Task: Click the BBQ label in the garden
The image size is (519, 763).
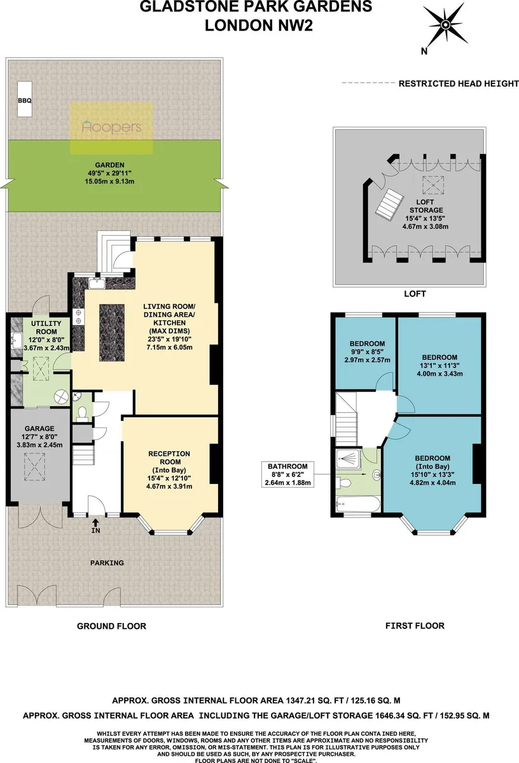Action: [x=25, y=100]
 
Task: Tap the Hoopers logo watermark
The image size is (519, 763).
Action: [x=112, y=127]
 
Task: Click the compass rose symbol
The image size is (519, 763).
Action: [x=445, y=25]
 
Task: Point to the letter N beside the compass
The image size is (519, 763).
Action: [x=424, y=52]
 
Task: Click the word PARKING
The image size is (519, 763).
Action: [x=107, y=563]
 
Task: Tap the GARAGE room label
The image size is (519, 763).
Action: [x=39, y=429]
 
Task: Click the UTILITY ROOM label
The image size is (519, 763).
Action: [x=46, y=327]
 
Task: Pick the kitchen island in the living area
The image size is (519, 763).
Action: [x=112, y=333]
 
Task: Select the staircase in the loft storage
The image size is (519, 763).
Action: [x=390, y=204]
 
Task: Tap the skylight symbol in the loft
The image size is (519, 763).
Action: [x=434, y=185]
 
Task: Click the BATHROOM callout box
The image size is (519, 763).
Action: [x=287, y=474]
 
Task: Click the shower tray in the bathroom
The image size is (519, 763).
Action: [x=348, y=459]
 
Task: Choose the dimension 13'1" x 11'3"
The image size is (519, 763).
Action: [x=439, y=366]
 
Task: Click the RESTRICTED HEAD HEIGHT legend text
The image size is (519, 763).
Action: [x=459, y=83]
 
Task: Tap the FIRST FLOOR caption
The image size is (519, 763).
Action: [x=415, y=626]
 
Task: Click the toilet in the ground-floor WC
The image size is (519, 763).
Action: [x=82, y=413]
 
